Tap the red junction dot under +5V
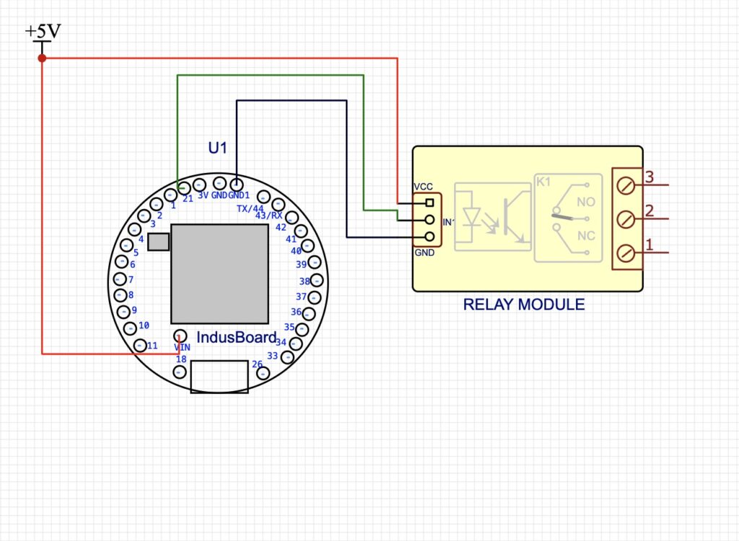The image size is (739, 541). point(42,58)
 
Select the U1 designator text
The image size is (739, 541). point(217,148)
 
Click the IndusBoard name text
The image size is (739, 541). point(236,338)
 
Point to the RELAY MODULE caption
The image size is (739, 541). point(524,304)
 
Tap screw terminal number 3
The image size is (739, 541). point(626,186)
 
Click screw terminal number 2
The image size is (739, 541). point(626,219)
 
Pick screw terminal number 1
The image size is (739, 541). point(626,252)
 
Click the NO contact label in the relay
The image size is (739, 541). point(586,203)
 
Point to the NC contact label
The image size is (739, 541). point(586,236)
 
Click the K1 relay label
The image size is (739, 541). point(543,182)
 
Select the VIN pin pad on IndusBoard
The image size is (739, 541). point(180,335)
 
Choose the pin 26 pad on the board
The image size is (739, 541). point(263,373)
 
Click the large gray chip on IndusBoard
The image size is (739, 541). point(219,273)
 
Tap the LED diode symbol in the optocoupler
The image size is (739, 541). point(472,216)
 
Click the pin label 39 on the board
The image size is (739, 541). point(302,265)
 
